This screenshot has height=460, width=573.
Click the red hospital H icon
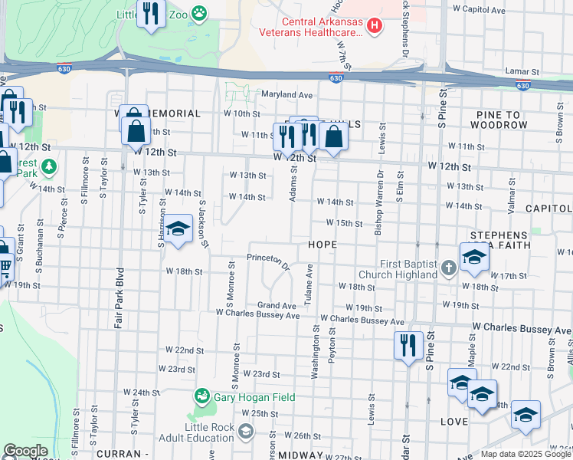click(375, 26)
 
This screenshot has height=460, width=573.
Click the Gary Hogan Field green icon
click(202, 396)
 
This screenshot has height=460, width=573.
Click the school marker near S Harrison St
click(178, 229)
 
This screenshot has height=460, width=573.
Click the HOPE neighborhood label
click(323, 244)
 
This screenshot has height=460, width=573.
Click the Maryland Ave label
click(287, 95)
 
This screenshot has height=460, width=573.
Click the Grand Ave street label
click(277, 305)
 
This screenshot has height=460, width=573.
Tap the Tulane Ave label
click(309, 284)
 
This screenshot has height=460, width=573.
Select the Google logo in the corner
click(25, 451)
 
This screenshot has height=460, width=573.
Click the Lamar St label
click(522, 71)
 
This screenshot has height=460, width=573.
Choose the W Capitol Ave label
click(479, 10)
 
